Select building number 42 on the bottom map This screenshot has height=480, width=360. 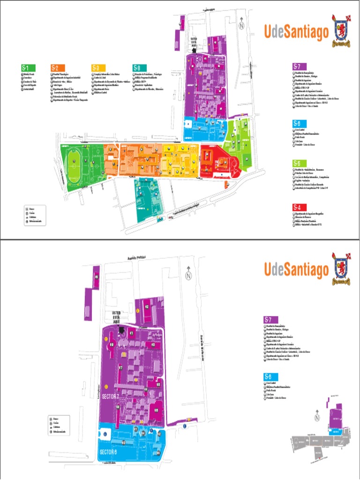click(x=147, y=307)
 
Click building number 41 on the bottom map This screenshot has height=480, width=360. click(x=132, y=333)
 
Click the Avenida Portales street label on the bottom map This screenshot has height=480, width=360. click(x=136, y=257)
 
